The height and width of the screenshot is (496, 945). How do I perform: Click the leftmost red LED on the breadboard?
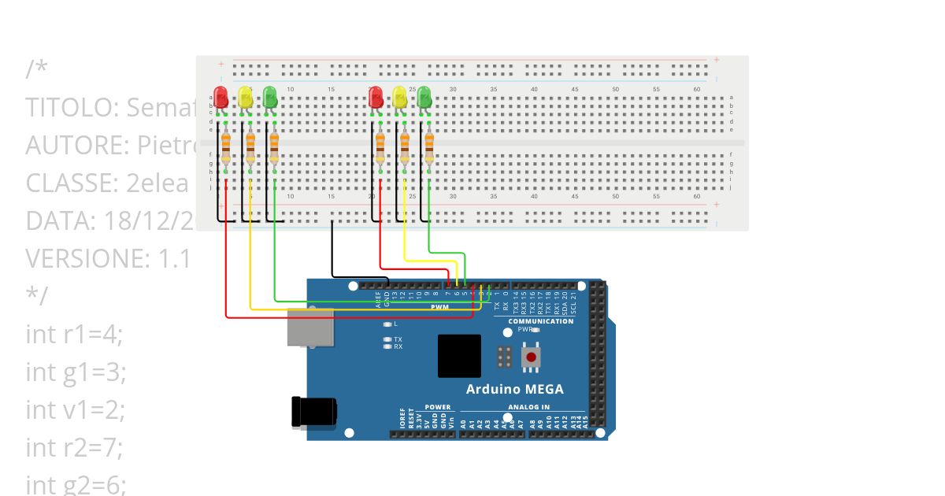(221, 98)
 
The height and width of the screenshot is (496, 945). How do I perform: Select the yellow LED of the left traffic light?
(246, 98)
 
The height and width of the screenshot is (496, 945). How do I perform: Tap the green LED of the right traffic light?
(424, 98)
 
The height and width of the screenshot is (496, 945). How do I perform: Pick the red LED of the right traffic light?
(376, 98)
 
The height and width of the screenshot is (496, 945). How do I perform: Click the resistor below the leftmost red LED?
(226, 147)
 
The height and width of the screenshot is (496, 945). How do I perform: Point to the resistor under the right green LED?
(429, 147)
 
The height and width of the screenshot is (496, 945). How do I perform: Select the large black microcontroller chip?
(459, 356)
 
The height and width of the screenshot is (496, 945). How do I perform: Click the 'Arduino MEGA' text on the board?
(514, 389)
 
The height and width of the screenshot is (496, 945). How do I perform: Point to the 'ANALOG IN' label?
(528, 407)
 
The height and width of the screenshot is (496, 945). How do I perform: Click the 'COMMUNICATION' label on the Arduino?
(540, 321)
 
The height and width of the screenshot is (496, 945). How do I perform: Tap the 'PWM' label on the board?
(439, 306)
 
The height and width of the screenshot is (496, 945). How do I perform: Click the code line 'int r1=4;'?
(74, 334)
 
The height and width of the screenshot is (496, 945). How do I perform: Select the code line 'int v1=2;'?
(76, 409)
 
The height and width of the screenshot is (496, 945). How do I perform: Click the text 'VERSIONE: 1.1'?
(108, 258)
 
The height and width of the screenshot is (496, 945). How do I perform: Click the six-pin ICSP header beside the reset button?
(505, 357)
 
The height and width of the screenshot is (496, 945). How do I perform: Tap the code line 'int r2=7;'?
(74, 447)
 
